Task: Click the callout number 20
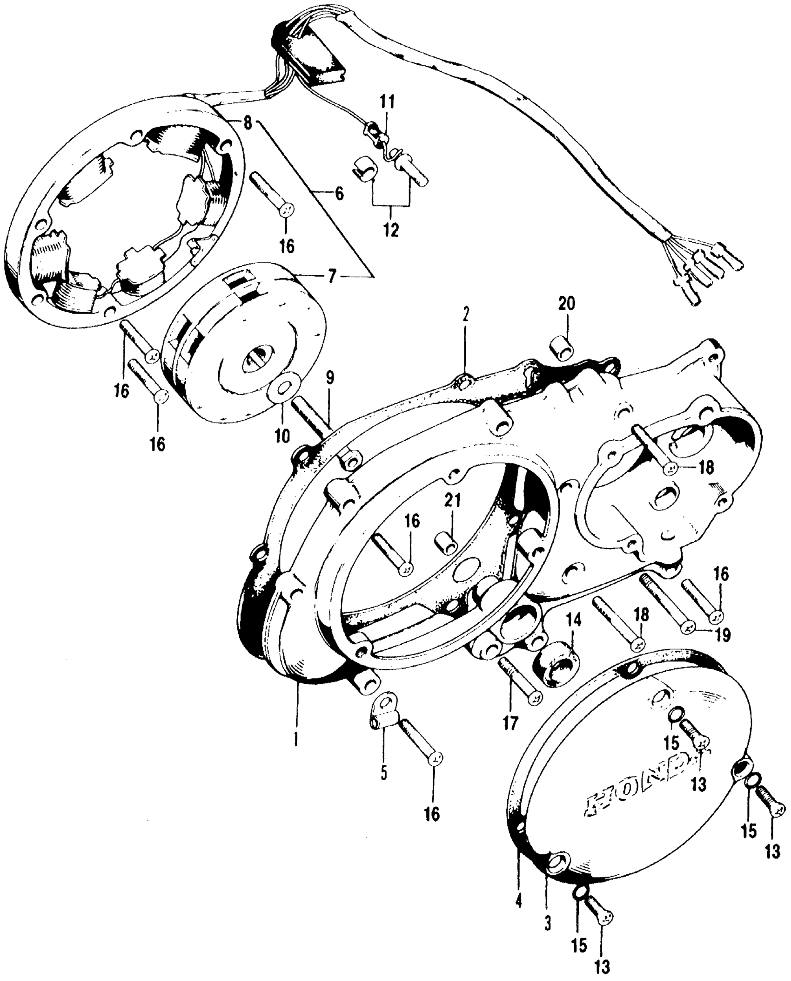pyautogui.click(x=567, y=304)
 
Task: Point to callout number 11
pyautogui.click(x=386, y=102)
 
